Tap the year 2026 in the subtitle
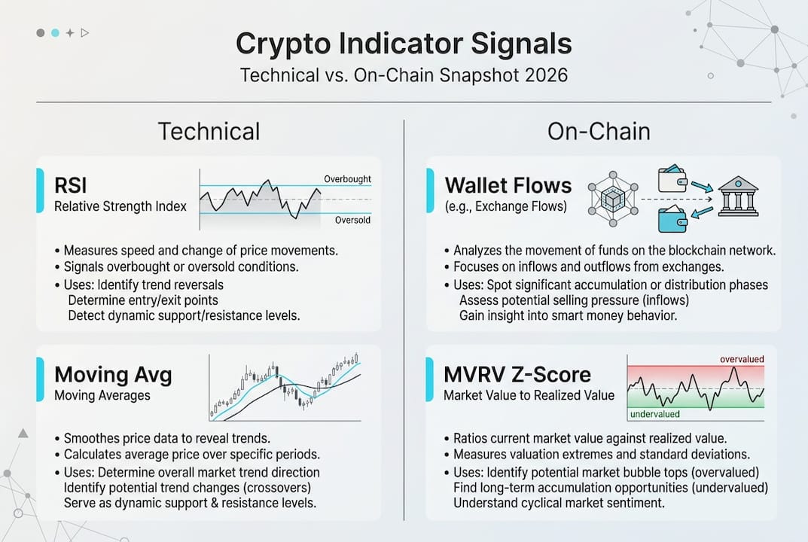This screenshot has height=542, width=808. pyautogui.click(x=546, y=75)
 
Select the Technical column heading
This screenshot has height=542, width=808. pyautogui.click(x=209, y=132)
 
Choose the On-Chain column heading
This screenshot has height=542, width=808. pyautogui.click(x=599, y=132)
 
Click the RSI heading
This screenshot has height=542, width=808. pyautogui.click(x=71, y=185)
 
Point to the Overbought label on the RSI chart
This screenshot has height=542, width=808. pyautogui.click(x=347, y=178)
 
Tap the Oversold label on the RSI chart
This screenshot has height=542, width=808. pyautogui.click(x=352, y=220)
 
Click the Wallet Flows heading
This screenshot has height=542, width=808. pyautogui.click(x=508, y=185)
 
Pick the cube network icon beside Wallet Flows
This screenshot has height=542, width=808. pyautogui.click(x=613, y=199)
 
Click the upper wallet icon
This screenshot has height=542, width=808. pyautogui.click(x=672, y=178)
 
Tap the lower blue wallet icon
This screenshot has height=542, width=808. pyautogui.click(x=672, y=219)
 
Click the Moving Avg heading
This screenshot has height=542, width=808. pyautogui.click(x=113, y=375)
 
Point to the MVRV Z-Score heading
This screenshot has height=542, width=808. pyautogui.click(x=517, y=375)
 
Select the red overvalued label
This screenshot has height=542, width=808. pyautogui.click(x=742, y=359)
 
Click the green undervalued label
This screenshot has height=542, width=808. pyautogui.click(x=655, y=414)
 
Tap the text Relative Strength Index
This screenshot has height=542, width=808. pyautogui.click(x=120, y=206)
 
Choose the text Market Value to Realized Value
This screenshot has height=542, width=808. pyautogui.click(x=529, y=395)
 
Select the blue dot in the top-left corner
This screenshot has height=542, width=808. pyautogui.click(x=55, y=33)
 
